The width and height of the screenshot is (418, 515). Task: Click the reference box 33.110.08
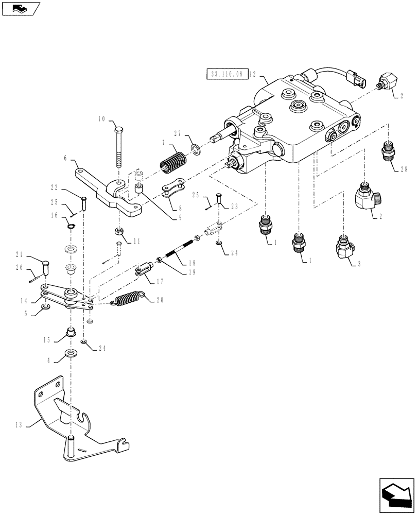(x=227, y=74)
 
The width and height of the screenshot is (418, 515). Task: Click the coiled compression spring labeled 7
(x=173, y=161)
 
